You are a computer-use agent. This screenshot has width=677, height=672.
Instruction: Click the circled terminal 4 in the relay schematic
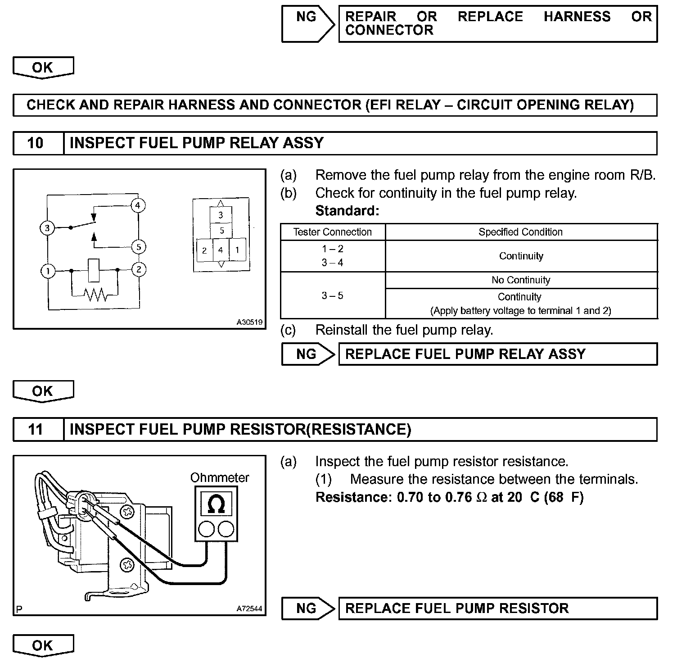tap(138, 206)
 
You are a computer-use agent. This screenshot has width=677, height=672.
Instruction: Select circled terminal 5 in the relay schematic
tap(139, 247)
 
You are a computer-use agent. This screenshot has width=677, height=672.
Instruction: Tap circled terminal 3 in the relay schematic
tap(47, 228)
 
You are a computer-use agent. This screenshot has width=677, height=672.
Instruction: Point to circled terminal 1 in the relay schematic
tap(48, 271)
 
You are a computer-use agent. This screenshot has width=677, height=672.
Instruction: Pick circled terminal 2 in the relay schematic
tap(139, 270)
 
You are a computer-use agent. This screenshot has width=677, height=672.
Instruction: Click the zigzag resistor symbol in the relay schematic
tap(95, 295)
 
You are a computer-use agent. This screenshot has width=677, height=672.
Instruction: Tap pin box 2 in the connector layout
tap(204, 250)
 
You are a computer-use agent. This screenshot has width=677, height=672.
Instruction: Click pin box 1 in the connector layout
tap(237, 250)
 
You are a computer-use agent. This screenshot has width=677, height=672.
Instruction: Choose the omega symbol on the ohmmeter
tap(216, 504)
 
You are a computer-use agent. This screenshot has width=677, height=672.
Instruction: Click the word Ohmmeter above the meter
tap(219, 477)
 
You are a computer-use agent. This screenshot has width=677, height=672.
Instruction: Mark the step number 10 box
tap(36, 143)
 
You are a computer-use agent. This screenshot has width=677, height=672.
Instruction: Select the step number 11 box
tap(36, 429)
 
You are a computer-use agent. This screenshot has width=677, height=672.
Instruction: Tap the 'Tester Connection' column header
tap(332, 232)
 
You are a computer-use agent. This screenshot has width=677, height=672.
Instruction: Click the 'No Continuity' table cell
tap(521, 280)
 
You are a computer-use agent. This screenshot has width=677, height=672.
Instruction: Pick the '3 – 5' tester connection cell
tap(332, 295)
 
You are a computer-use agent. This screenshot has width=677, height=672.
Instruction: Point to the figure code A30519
tap(249, 322)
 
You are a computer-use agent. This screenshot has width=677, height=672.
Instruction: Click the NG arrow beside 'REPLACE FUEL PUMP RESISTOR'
tap(308, 608)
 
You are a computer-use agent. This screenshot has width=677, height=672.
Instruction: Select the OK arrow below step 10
tap(43, 391)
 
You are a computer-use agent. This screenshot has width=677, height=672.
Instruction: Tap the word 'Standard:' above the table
tap(347, 211)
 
